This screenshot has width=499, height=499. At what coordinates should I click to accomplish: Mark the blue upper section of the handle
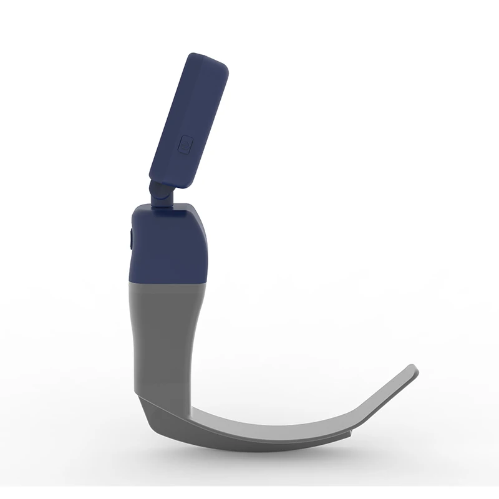[x=168, y=243]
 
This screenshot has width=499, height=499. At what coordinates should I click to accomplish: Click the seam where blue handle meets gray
[x=168, y=281]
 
